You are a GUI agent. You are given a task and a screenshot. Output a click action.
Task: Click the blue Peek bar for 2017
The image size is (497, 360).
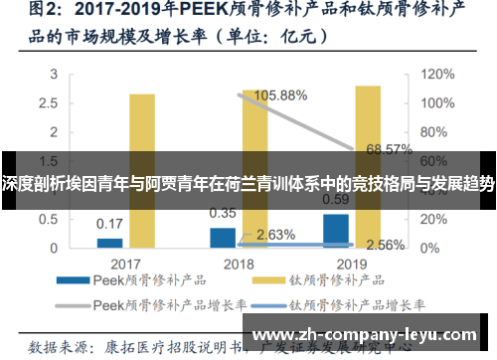109,242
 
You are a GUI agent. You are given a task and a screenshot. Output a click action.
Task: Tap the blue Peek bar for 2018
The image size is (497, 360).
223,237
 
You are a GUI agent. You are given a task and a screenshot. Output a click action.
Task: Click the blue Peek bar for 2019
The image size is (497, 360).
336,230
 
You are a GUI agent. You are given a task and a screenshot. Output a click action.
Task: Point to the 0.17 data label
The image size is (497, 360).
109,224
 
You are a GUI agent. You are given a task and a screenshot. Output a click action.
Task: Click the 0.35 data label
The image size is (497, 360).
223,213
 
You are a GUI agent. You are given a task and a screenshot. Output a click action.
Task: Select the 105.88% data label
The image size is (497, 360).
282,95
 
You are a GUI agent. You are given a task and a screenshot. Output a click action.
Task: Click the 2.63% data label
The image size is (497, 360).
275,235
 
